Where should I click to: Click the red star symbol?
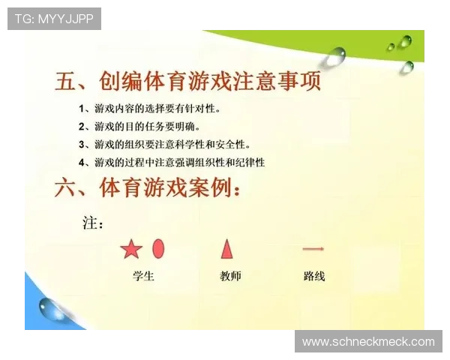click(x=131, y=249)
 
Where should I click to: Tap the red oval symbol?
click(x=158, y=248)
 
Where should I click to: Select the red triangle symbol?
click(x=226, y=248)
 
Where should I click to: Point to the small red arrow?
click(x=313, y=248)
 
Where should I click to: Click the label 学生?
click(x=143, y=275)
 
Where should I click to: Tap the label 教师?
click(x=230, y=275)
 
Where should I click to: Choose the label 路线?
click(x=314, y=275)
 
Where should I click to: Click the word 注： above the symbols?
click(x=92, y=223)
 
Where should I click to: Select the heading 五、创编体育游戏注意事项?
click(x=188, y=81)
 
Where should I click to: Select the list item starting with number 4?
click(x=171, y=162)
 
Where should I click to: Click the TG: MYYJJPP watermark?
click(x=54, y=18)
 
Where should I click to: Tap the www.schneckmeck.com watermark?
click(x=368, y=342)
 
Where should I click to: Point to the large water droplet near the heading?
click(x=334, y=55)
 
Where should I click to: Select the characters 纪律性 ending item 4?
click(x=250, y=162)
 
